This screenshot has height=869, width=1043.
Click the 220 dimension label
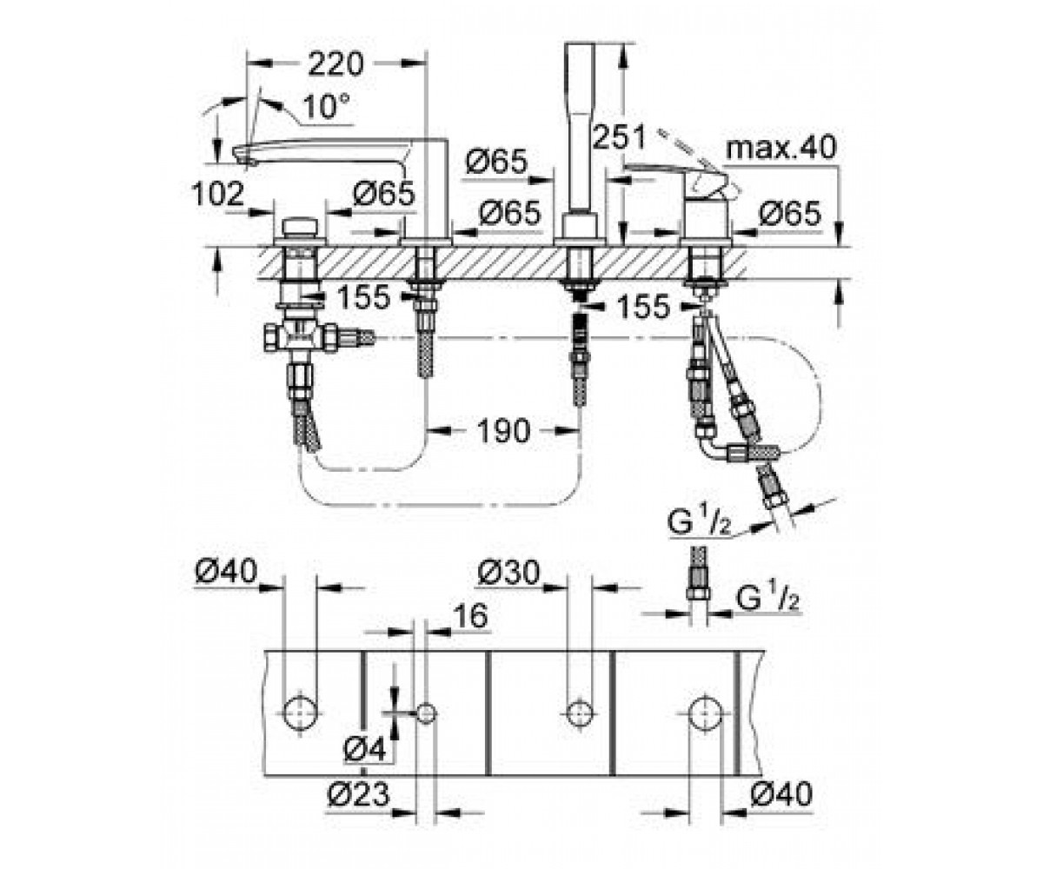pos(335,64)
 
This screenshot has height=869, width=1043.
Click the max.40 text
pos(781,148)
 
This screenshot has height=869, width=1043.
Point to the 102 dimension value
pos(218,194)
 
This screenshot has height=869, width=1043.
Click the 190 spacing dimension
pos(502,431)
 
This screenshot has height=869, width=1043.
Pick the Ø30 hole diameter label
pos(508,573)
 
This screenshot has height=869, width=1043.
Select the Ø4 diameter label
pos(366,749)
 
